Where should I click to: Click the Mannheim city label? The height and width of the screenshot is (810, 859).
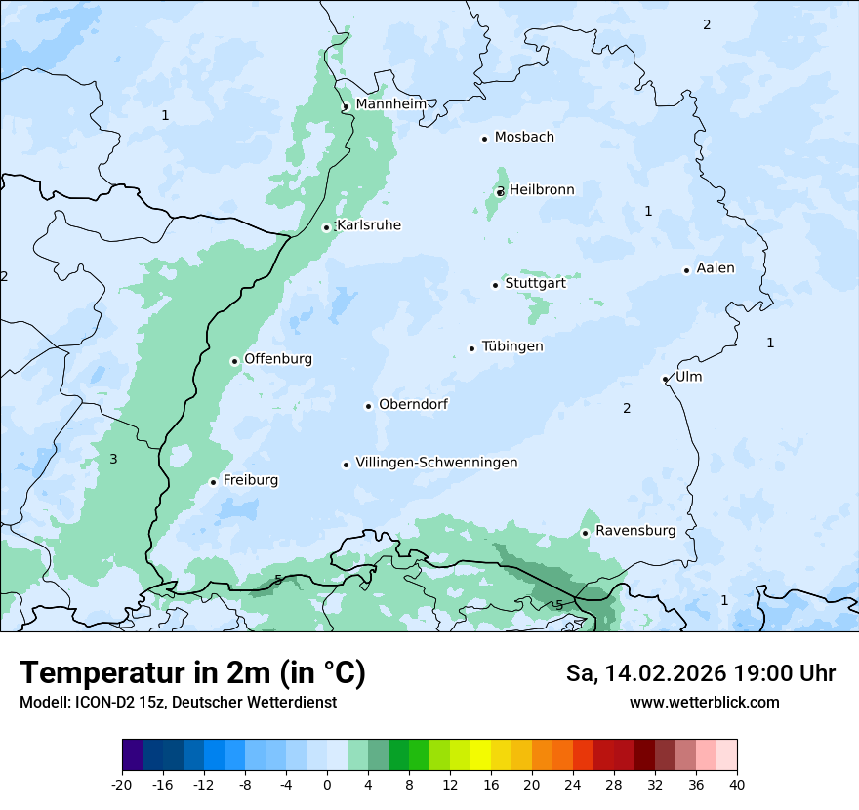390,103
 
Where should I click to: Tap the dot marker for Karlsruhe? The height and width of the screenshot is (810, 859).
327,227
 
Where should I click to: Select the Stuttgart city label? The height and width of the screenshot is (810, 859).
535,283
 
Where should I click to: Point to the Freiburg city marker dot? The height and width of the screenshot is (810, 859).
213,482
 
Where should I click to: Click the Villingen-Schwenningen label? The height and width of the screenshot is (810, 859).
436,463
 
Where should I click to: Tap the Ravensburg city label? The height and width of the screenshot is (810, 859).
634,531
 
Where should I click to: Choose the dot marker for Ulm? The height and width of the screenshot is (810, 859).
665,379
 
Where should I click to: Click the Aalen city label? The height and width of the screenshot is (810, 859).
715,268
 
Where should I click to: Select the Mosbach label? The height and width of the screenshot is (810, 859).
524,137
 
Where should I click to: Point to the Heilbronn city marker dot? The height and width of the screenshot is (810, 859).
500,192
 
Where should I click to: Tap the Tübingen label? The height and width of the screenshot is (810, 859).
512,346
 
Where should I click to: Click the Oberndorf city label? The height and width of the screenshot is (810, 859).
413,404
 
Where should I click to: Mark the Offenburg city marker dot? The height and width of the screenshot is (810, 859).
234,361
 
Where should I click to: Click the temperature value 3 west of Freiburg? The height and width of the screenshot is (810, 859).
113,459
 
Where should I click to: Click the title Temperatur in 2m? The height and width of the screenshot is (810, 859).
192,673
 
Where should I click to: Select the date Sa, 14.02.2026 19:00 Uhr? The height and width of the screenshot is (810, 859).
700,673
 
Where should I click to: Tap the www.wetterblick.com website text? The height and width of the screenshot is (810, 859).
704,702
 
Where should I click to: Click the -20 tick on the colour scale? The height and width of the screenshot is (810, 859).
122,785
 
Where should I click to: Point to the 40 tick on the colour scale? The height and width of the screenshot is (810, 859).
737,785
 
